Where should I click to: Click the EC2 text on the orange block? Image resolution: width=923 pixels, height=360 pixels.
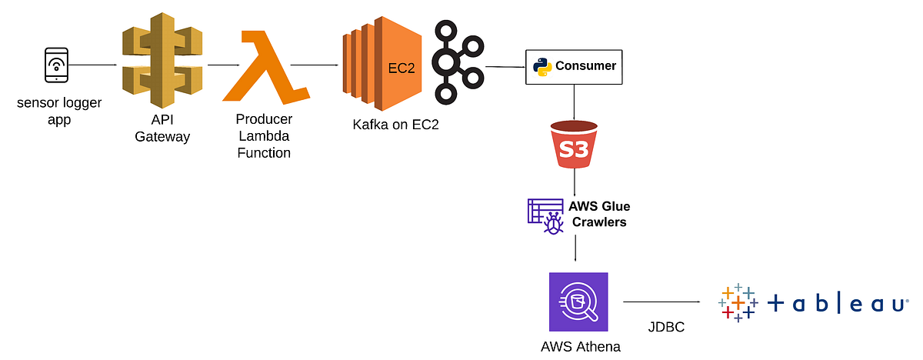click(401, 68)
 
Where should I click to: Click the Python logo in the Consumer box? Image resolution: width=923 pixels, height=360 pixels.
click(542, 66)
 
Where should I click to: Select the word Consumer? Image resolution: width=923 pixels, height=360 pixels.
click(585, 66)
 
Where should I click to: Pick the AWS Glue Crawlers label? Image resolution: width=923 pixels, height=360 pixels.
click(598, 214)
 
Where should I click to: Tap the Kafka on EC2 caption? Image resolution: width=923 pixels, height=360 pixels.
click(395, 125)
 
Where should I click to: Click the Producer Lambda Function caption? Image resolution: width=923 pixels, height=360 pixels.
click(264, 136)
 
